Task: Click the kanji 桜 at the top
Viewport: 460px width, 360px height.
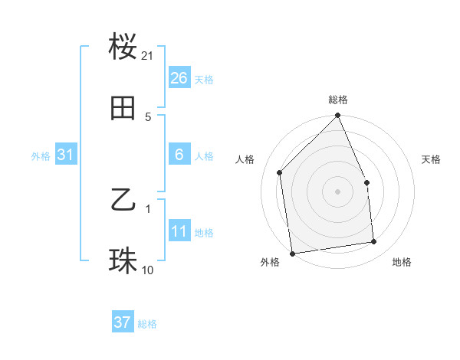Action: pyautogui.click(x=123, y=47)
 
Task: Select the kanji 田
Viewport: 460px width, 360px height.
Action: pyautogui.click(x=123, y=109)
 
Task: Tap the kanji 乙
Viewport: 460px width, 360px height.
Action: pyautogui.click(x=123, y=201)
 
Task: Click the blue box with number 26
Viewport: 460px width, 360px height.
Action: pyautogui.click(x=179, y=77)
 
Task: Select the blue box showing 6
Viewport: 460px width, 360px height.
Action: pyautogui.click(x=179, y=155)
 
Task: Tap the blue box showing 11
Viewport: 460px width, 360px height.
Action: pyautogui.click(x=179, y=231)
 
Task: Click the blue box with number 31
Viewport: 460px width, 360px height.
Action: pyautogui.click(x=65, y=155)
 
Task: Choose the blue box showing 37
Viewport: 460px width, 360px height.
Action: pyautogui.click(x=122, y=322)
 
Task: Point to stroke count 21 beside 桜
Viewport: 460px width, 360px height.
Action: pyautogui.click(x=148, y=56)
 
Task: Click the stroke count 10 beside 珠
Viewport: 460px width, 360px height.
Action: pyautogui.click(x=148, y=270)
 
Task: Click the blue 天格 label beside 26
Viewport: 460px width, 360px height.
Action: pyautogui.click(x=204, y=79)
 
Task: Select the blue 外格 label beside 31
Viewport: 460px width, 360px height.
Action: pyautogui.click(x=41, y=156)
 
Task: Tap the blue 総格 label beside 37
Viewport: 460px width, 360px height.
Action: pyautogui.click(x=147, y=324)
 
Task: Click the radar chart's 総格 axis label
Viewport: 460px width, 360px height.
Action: pyautogui.click(x=337, y=100)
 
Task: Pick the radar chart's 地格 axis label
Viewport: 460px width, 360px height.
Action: pyautogui.click(x=402, y=263)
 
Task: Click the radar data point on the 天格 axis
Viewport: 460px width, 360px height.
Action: pyautogui.click(x=366, y=182)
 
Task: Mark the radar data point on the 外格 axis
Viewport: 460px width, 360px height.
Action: pyautogui.click(x=292, y=253)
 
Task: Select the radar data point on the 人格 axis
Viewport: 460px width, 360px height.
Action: pyautogui.click(x=280, y=172)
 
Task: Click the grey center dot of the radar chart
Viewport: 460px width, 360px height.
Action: pyautogui.click(x=337, y=191)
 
